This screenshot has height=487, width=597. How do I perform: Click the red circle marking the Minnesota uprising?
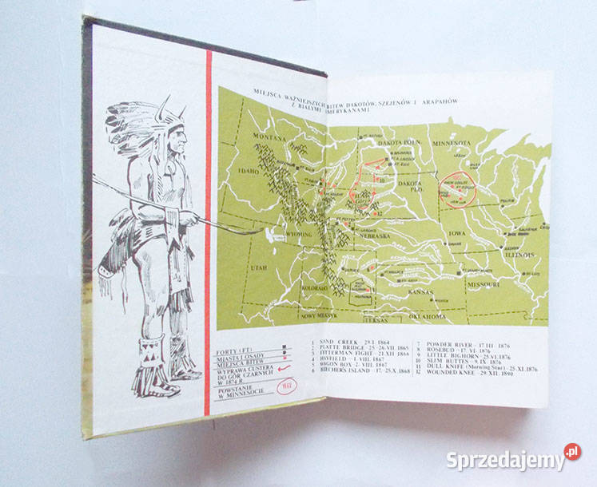point(460,186)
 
